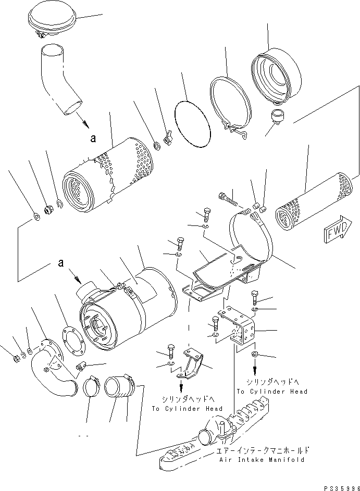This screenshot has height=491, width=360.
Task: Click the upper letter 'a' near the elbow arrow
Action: point(93,139)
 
